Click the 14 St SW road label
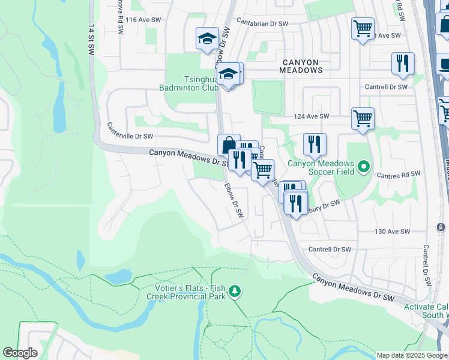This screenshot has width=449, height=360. coord(91,41)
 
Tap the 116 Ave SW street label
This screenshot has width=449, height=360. coord(143,20)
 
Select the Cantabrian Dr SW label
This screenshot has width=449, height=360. coord(262,23)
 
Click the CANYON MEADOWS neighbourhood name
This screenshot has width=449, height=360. coord(301,65)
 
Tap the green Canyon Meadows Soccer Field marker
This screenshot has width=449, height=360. coord(363,166)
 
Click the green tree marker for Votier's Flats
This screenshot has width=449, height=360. coord(235,292)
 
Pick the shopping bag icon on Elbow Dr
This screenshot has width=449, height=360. coord(229,145)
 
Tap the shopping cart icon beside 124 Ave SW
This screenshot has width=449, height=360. coord(363,118)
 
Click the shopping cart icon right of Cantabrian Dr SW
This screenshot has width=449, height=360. coord(363,28)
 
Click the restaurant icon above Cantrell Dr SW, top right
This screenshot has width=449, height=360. coord(403,63)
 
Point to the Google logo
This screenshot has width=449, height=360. coord(20,353)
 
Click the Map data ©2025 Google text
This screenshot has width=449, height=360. coord(412,355)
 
